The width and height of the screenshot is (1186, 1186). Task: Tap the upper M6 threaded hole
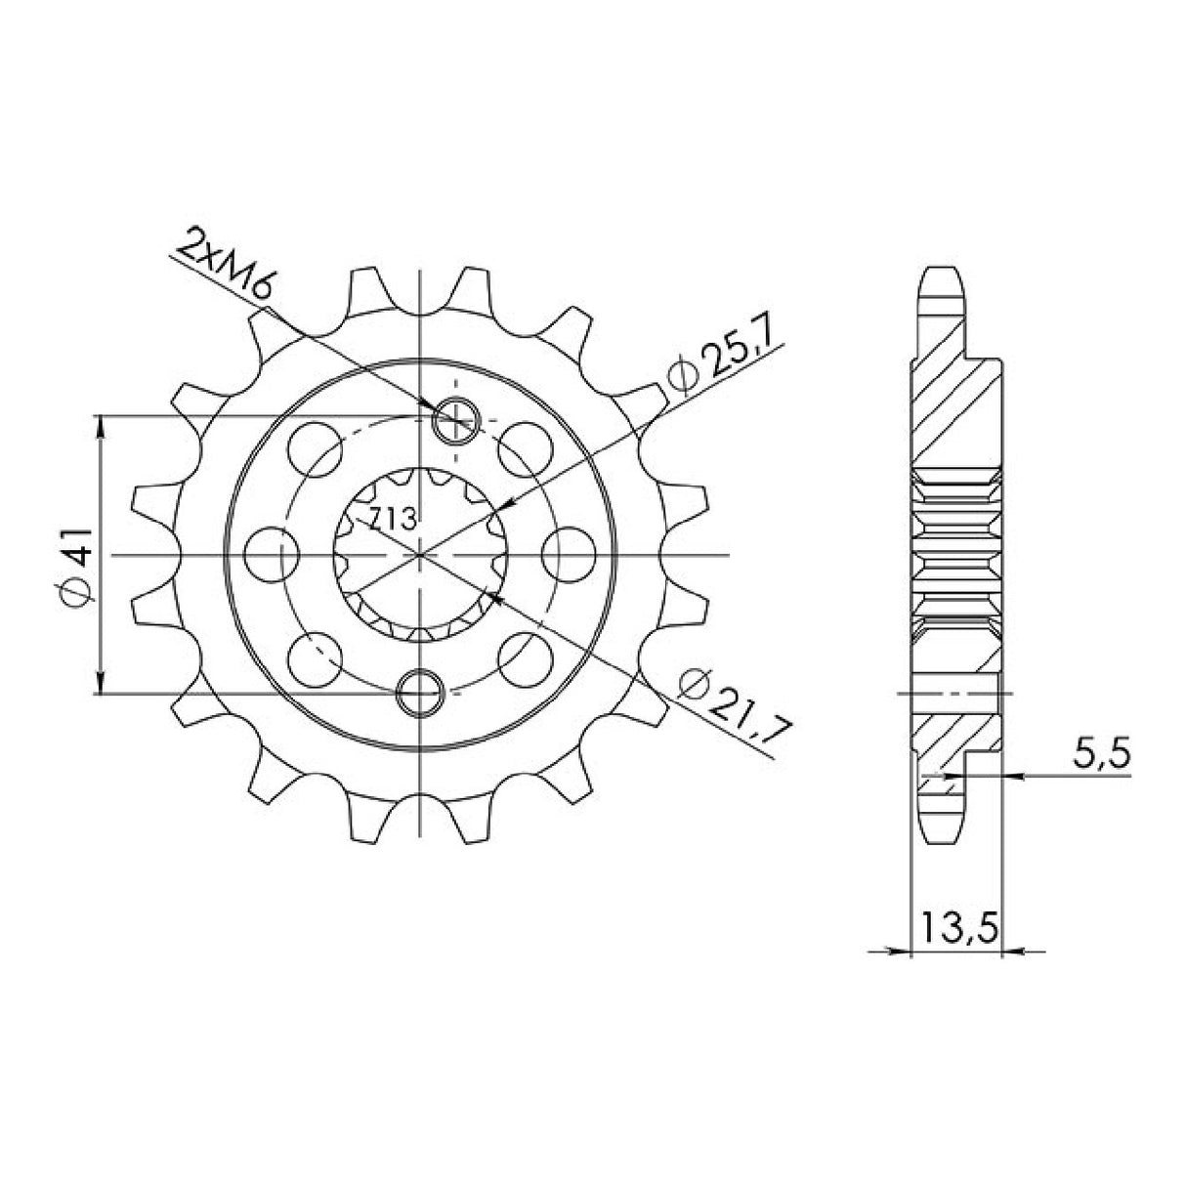455,421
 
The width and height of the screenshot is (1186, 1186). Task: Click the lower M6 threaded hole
421,693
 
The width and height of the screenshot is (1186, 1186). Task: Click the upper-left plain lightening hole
317,448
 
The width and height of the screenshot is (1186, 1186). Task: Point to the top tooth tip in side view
944,273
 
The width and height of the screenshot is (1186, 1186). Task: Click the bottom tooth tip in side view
944,835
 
